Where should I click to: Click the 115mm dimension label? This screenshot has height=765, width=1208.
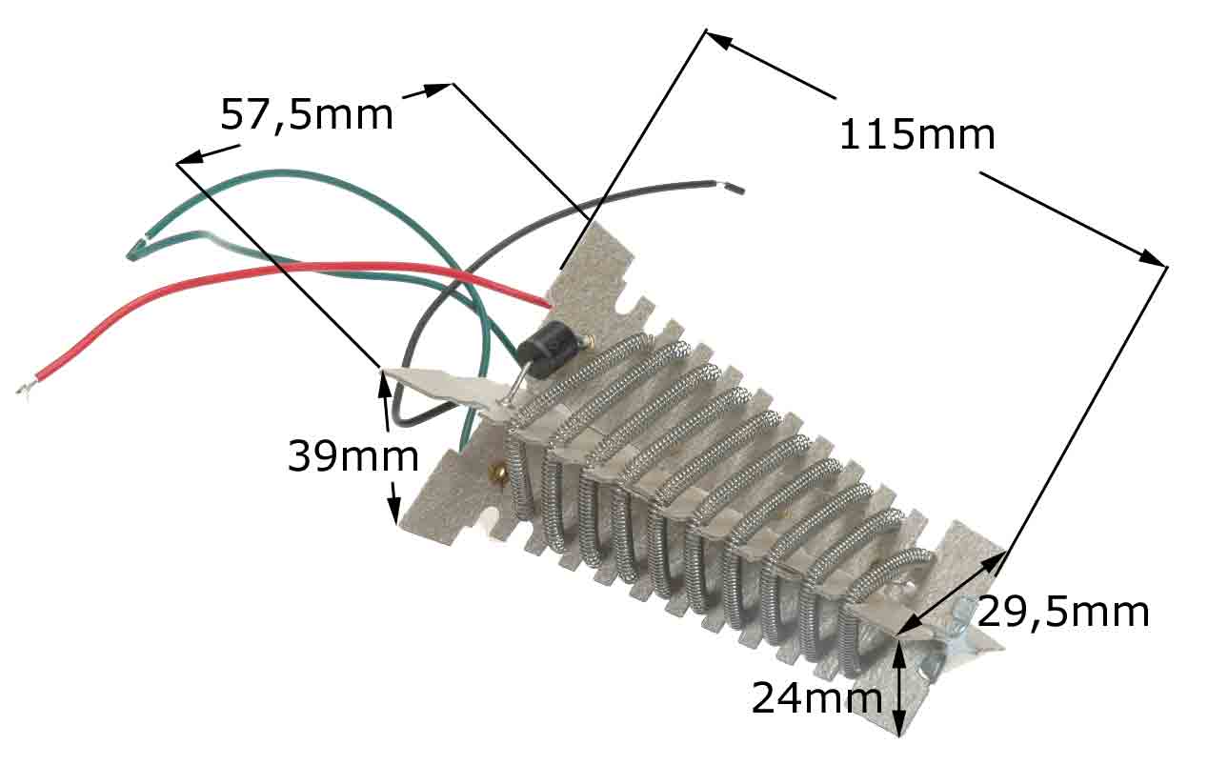coord(916,135)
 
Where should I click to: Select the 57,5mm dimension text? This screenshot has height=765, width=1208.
coord(306,115)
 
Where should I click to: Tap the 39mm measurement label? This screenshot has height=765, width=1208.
coord(352,457)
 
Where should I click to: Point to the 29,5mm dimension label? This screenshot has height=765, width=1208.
coord(1062,612)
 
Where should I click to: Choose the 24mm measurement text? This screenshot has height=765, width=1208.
coord(816,698)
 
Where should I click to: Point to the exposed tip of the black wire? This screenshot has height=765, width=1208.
coord(734,189)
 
